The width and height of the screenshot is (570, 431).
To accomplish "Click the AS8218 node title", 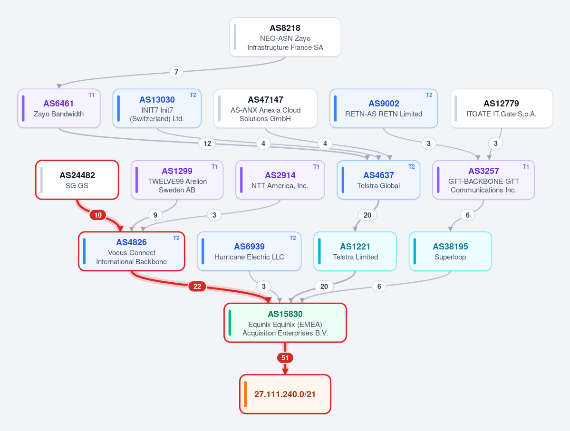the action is pos(285,28).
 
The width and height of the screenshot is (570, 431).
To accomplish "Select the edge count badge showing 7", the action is pos(176,72).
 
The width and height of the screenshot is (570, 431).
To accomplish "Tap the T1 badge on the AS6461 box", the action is pos(91,95).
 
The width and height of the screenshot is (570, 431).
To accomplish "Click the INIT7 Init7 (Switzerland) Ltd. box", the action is pos(157,108).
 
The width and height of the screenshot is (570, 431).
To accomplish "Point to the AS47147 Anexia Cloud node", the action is pos(265,108).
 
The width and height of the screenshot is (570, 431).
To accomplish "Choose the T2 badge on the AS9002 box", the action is pos(429,95).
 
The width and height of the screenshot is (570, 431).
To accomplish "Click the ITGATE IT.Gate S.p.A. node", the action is pos(501,108).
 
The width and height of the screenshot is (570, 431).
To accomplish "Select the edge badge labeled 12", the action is pos(207,144).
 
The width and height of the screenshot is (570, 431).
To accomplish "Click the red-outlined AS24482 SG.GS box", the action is pos(77,180).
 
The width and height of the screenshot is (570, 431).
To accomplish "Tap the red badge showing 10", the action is pos(98,215).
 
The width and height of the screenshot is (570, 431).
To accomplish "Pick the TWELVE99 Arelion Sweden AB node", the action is pos(177,180).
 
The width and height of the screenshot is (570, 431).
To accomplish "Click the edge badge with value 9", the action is pos(155,215).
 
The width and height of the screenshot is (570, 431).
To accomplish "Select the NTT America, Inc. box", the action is pos(280,180).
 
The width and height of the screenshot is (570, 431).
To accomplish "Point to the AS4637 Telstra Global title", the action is pos(378,175).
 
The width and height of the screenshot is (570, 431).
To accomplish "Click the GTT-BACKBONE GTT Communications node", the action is pos(483,180).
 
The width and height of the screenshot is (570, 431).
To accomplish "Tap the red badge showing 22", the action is pos(197,287).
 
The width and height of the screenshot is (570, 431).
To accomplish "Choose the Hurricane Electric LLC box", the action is pos(249,251).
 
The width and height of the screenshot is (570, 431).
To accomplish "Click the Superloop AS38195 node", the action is pos(450,251).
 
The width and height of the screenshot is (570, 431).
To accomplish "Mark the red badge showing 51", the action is pos(285,358).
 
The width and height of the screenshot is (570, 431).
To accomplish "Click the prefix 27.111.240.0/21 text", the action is pos(285,394).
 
